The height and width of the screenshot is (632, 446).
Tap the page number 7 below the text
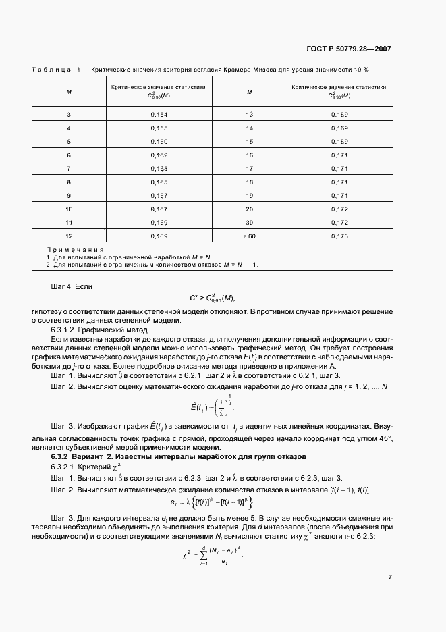tap(390, 577)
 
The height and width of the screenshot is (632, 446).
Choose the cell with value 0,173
tap(339, 236)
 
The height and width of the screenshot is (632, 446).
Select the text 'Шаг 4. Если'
tap(71, 287)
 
